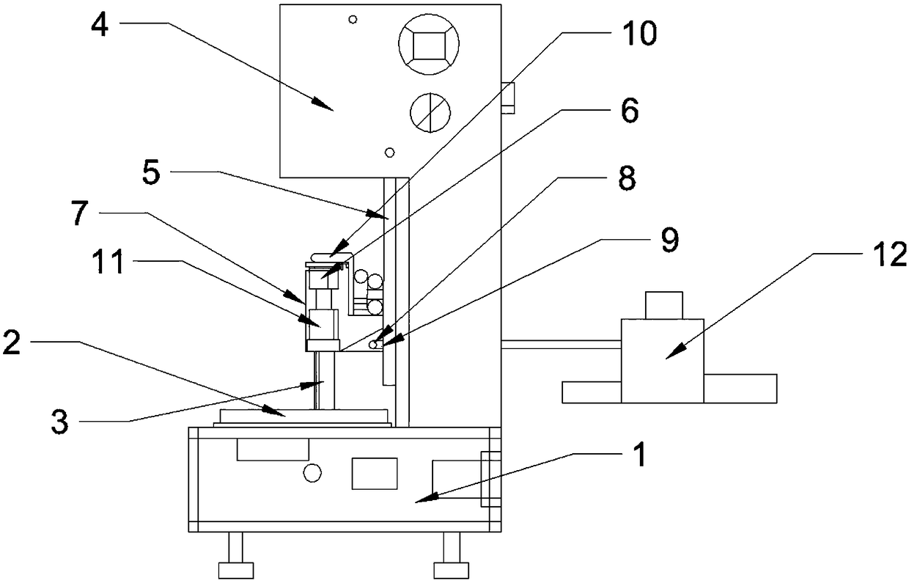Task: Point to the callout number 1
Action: point(639,455)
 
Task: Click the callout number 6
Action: point(628,111)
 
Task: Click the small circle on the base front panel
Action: point(312,474)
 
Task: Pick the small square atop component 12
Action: point(663,305)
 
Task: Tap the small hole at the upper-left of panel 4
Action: point(353,18)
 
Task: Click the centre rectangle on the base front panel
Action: point(375,473)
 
